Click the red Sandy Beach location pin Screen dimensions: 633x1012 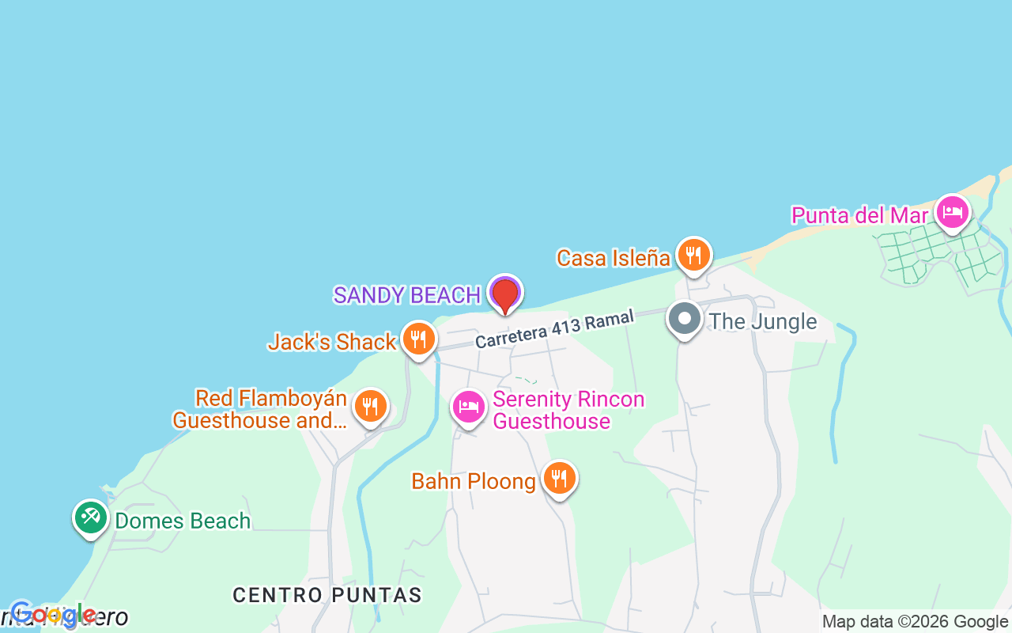504,296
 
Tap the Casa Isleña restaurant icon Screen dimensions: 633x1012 693,255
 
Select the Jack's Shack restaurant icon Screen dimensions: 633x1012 418,339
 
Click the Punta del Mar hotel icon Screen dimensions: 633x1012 953,212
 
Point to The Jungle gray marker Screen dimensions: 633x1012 685,320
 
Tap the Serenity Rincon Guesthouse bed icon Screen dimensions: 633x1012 469,407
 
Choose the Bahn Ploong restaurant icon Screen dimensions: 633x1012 559,479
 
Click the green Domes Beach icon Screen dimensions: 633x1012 91,517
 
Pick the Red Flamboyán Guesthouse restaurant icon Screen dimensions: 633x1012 369,407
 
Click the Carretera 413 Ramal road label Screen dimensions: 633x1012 555,329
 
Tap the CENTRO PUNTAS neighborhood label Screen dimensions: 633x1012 327,595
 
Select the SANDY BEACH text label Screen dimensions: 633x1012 407,295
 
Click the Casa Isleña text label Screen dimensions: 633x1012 614,258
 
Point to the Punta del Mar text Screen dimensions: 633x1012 859,215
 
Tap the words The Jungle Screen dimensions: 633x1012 763,321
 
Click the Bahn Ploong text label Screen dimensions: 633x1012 474,481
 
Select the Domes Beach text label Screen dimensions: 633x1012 183,521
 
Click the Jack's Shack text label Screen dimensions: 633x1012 332,342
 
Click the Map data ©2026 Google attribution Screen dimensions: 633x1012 915,622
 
